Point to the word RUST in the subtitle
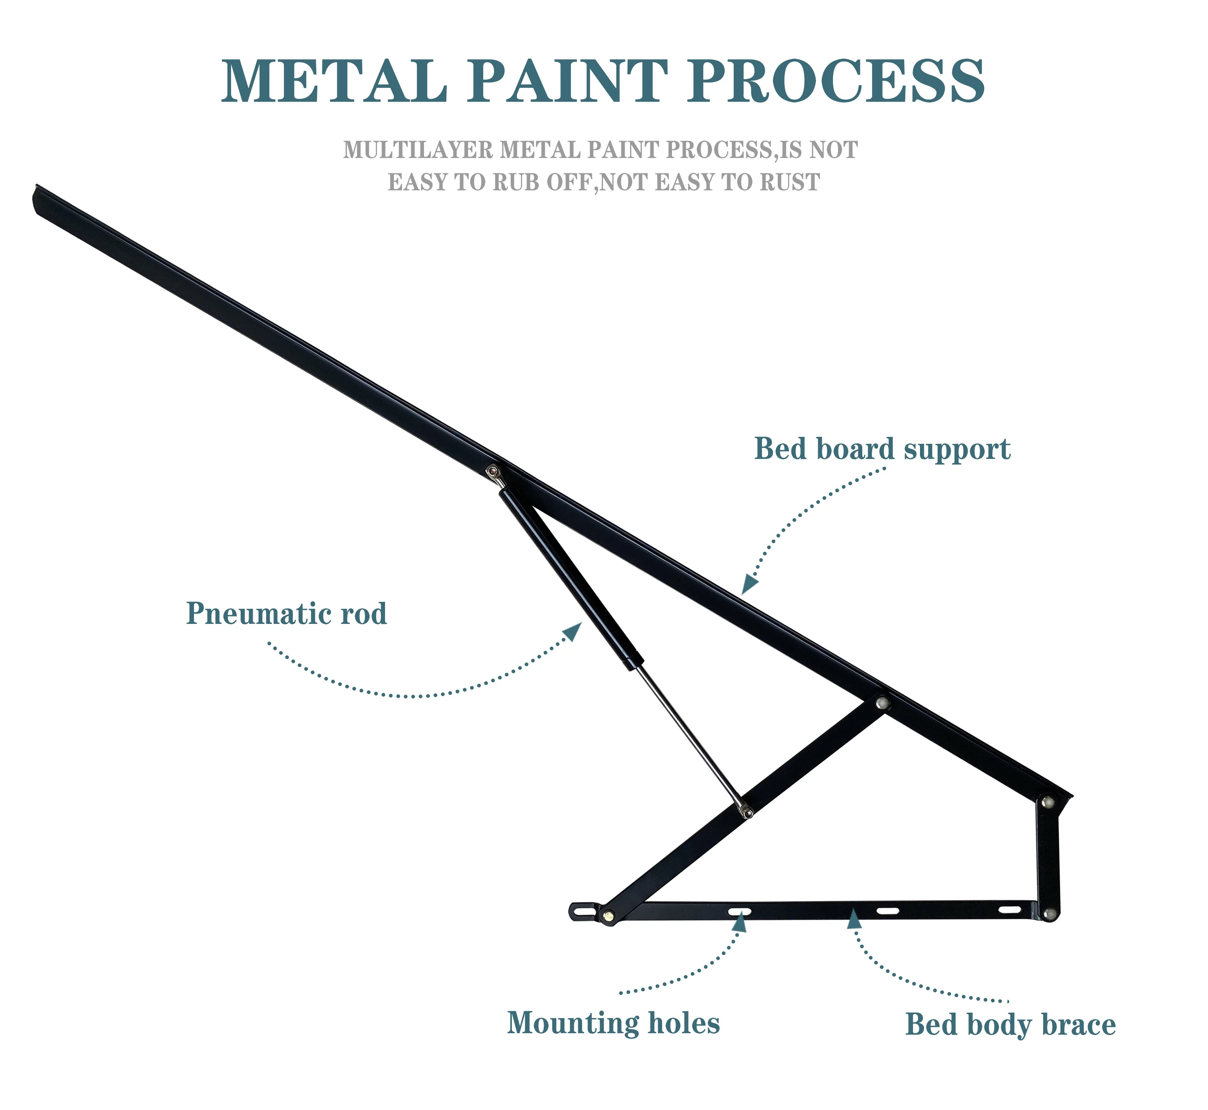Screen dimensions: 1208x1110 (x=790, y=182)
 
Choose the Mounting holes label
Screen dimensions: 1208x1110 (x=613, y=1023)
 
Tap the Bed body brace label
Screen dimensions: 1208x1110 (x=1010, y=1024)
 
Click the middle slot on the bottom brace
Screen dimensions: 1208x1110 (x=888, y=910)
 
